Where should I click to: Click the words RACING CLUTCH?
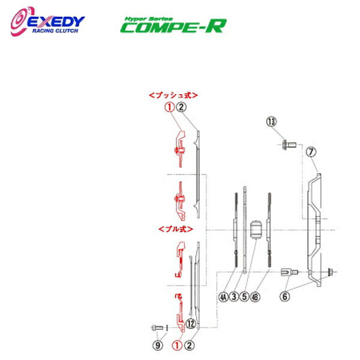(x=59, y=34)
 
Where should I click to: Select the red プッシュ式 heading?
(x=173, y=95)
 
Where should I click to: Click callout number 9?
(x=157, y=345)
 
